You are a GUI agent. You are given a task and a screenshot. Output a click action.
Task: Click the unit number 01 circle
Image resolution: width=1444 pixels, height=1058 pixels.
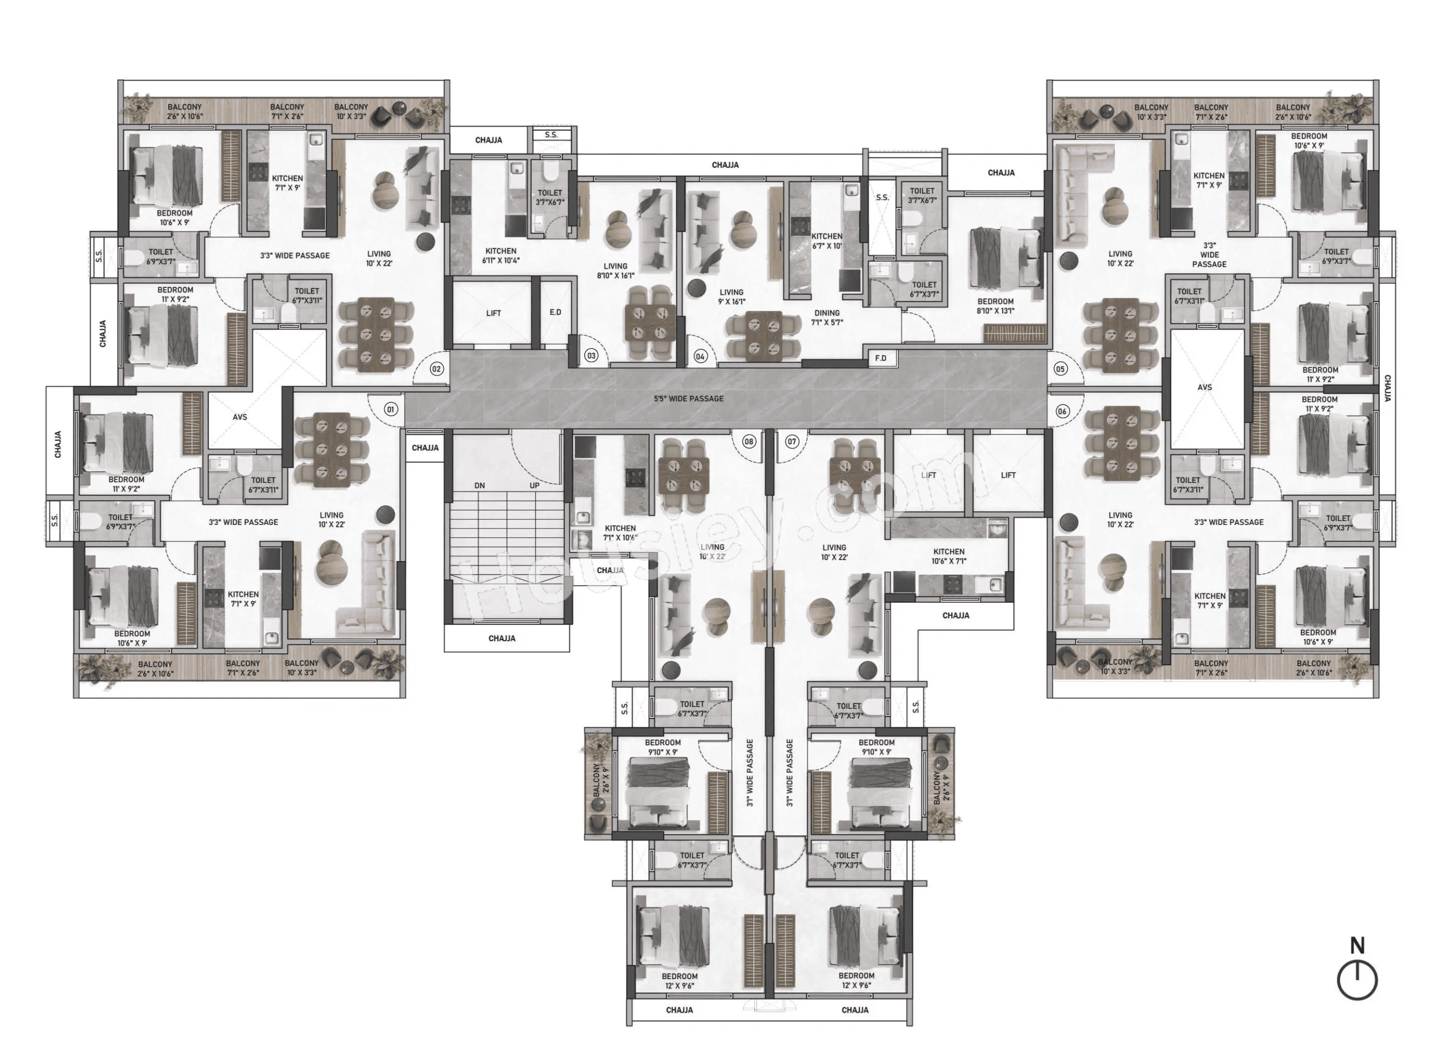[x=390, y=409]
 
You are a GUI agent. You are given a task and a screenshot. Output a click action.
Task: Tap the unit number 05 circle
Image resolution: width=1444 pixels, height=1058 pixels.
[x=1061, y=369]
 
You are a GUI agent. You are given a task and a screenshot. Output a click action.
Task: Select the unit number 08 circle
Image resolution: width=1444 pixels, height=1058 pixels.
[x=748, y=441]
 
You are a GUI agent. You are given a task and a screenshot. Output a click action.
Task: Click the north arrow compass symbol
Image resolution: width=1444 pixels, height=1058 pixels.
[x=1357, y=978]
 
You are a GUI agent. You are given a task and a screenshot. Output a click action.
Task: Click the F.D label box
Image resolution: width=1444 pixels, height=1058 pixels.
[x=881, y=358]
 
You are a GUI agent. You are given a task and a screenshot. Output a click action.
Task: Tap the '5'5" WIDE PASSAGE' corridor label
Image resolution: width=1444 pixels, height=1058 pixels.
[x=689, y=398]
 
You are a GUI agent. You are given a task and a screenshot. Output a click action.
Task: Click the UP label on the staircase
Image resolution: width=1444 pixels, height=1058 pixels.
[x=534, y=485]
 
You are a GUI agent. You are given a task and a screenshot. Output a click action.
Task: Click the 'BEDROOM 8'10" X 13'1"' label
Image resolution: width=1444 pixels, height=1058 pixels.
[x=995, y=306]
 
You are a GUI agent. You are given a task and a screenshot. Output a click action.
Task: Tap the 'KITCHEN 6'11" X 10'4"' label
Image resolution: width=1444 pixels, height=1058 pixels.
[x=501, y=255]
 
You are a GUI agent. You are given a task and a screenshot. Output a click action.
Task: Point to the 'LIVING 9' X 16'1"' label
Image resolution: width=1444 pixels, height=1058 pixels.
[x=731, y=297]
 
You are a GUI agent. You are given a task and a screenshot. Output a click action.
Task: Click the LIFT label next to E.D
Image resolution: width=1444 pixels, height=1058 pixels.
[x=494, y=313]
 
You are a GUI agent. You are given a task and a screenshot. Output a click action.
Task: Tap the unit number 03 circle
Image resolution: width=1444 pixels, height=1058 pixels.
[x=591, y=356]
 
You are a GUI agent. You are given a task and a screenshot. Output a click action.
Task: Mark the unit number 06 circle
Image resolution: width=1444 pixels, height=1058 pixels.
[x=1062, y=411]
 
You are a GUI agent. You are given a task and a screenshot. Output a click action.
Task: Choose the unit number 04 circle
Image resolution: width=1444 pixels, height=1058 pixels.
[x=700, y=356]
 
